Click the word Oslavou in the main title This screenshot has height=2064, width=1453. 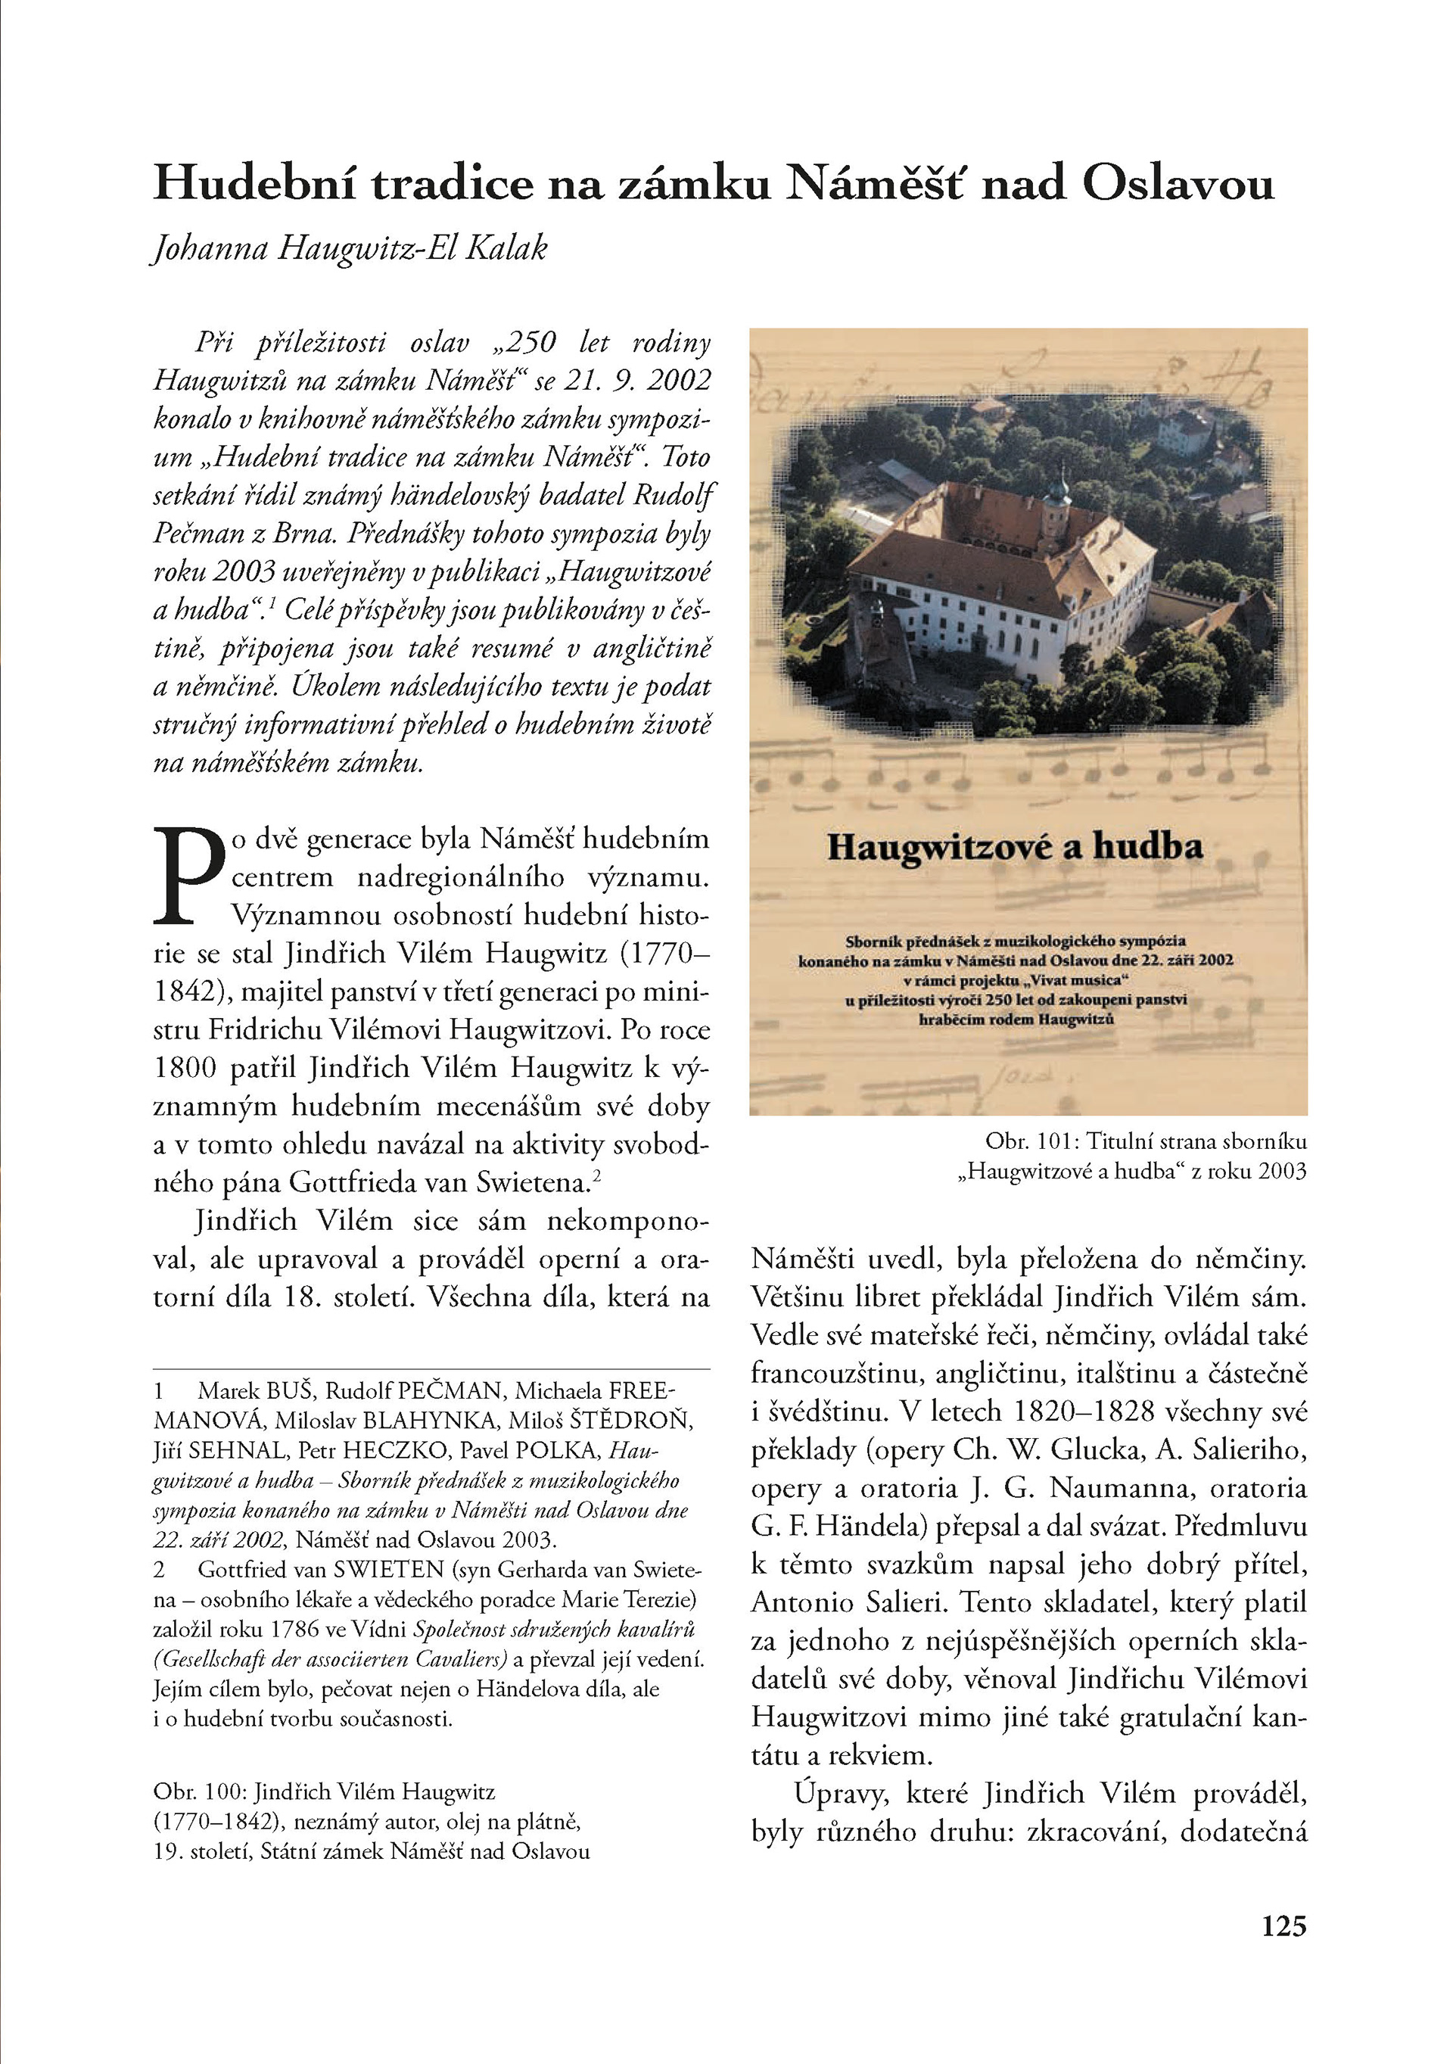point(1178,184)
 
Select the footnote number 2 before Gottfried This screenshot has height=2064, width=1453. point(159,1570)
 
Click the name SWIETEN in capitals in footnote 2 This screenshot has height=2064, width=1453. point(388,1570)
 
